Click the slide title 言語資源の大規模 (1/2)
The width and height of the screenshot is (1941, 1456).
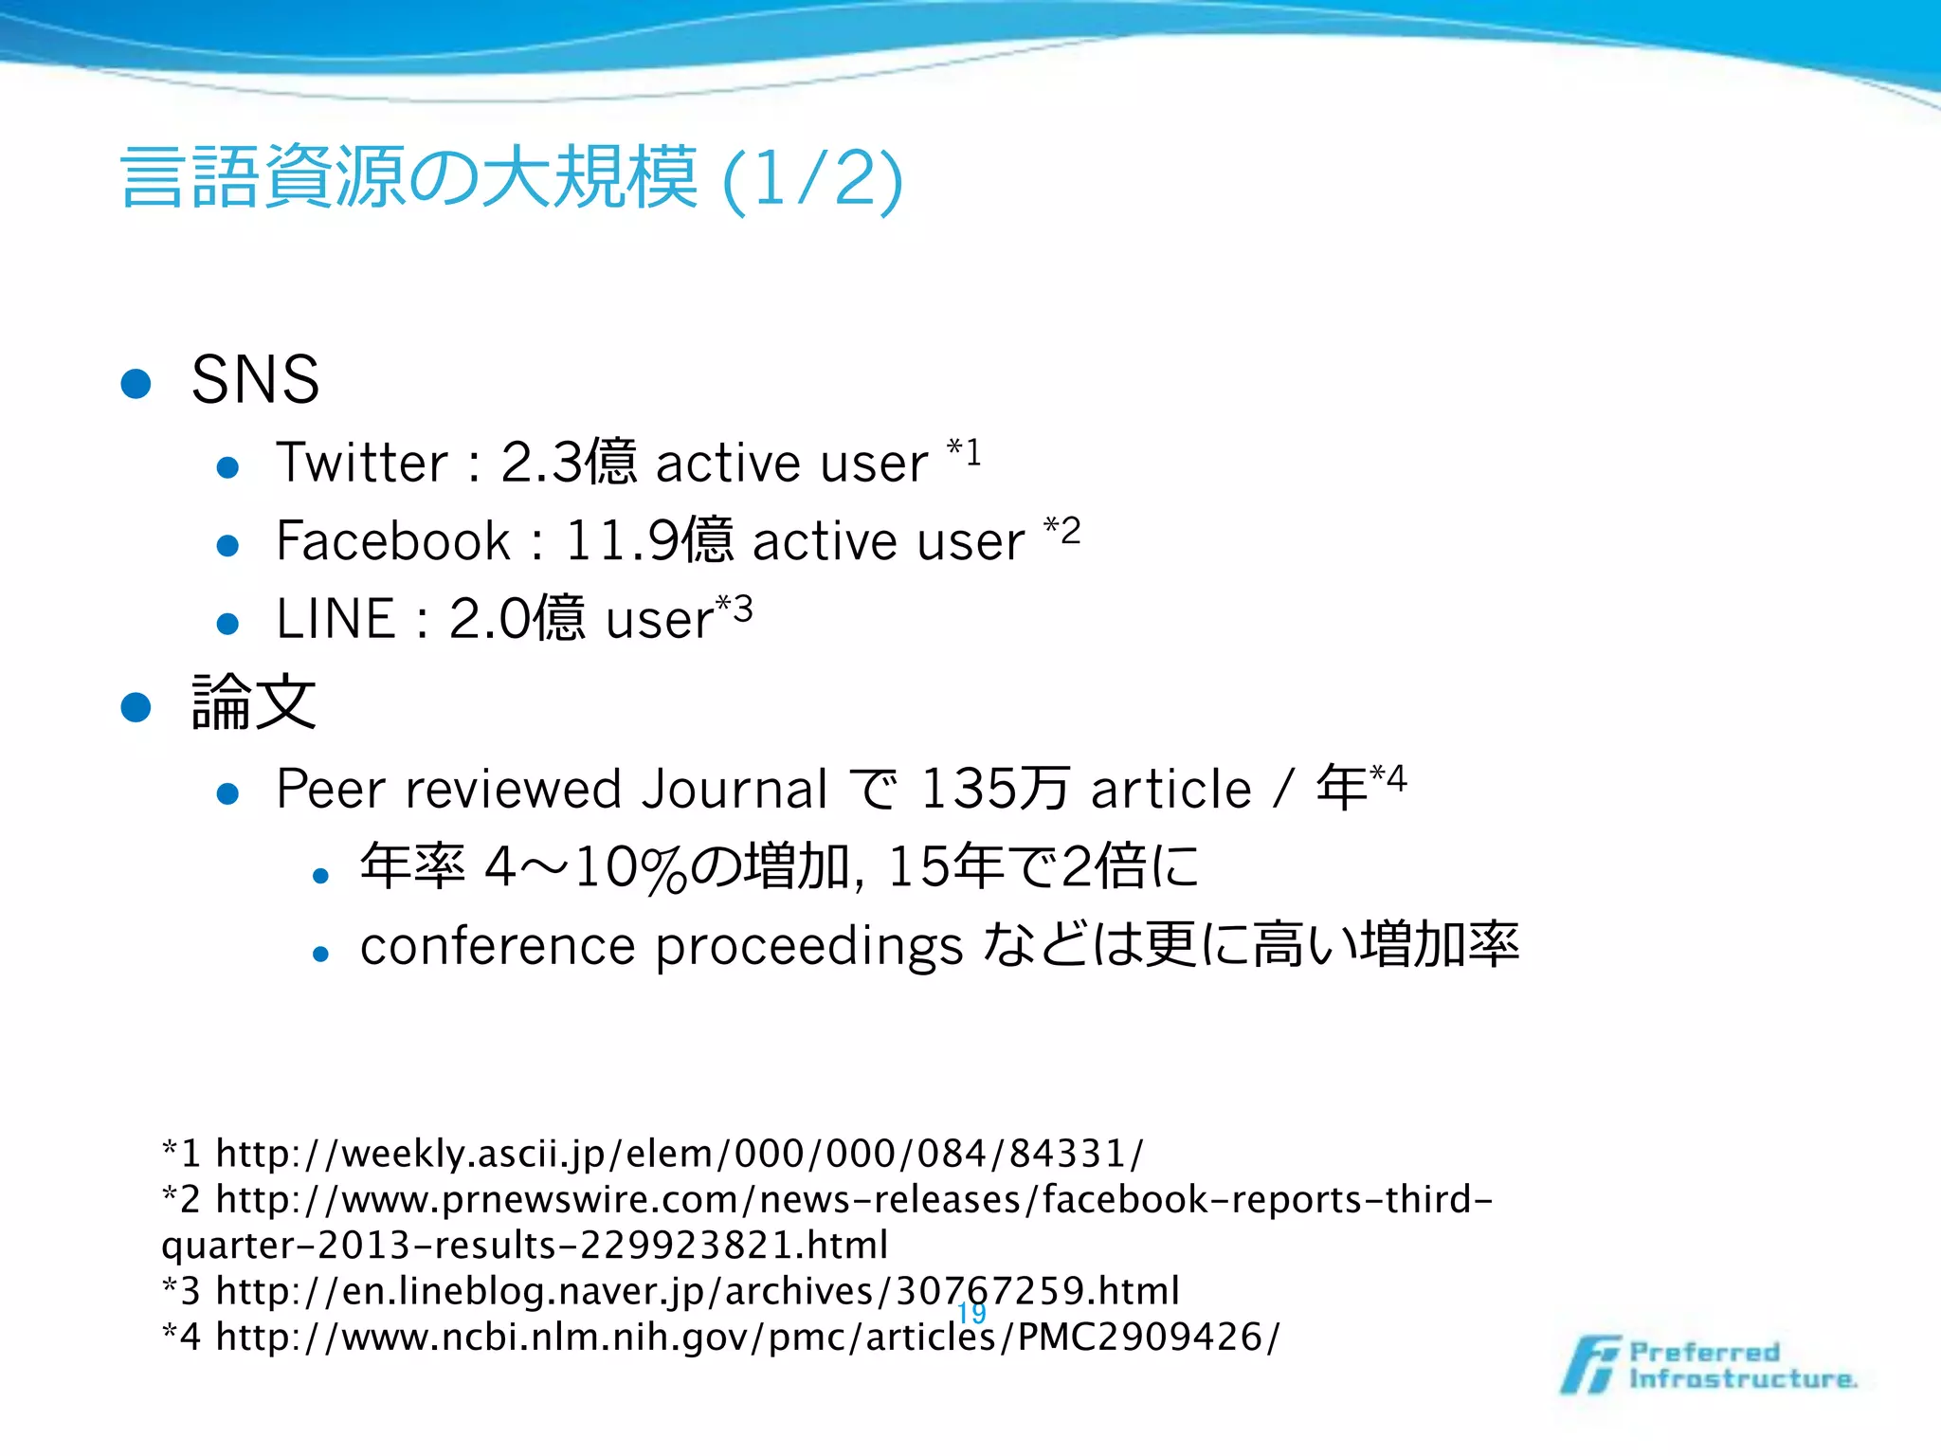[x=512, y=178]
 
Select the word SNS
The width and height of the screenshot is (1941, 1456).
[x=255, y=379]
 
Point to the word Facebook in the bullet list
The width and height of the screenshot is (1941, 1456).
[x=393, y=541]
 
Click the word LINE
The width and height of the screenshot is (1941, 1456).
[x=336, y=619]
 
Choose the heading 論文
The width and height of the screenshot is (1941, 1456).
[x=253, y=702]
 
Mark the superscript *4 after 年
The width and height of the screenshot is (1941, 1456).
[x=1388, y=779]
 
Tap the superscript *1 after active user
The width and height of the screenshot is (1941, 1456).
[x=964, y=452]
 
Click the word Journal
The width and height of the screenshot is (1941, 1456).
[x=735, y=789]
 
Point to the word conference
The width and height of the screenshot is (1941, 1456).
[x=498, y=946]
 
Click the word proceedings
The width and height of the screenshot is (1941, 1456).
[x=808, y=947]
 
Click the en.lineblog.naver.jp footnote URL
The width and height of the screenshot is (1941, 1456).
[x=698, y=1291]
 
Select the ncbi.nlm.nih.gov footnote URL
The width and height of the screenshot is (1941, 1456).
[x=747, y=1337]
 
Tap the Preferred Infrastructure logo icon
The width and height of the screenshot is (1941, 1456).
[x=1589, y=1365]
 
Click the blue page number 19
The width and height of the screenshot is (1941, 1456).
[x=971, y=1313]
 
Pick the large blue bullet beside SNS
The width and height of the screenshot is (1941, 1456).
[x=136, y=383]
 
